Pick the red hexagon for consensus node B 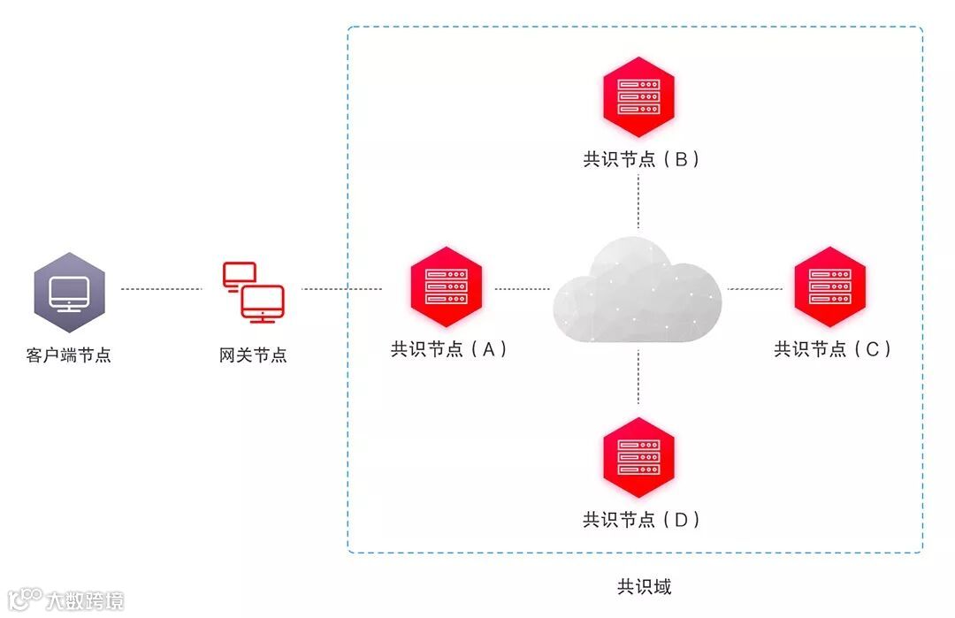(638, 97)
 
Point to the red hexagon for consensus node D (638, 457)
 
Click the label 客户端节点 (69, 355)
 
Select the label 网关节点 (253, 355)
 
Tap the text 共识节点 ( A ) (449, 349)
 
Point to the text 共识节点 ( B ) (641, 159)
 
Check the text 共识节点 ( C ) (832, 349)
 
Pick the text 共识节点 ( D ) (641, 519)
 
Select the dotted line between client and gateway (162, 289)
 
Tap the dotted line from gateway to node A (341, 289)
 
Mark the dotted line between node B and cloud (638, 202)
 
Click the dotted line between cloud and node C (752, 289)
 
